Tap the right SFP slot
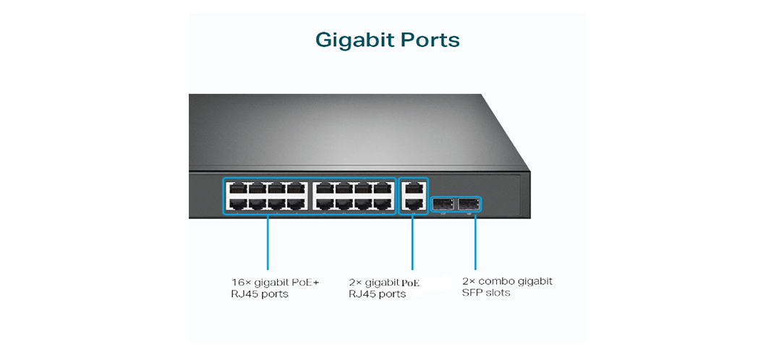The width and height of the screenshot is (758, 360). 469,204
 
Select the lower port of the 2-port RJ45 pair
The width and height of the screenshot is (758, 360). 412,204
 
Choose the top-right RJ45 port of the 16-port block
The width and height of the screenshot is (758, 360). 382,189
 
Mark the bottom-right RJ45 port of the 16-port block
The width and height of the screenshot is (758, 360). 382,204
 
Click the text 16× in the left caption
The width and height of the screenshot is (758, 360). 241,282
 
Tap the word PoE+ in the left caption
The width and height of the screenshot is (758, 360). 305,282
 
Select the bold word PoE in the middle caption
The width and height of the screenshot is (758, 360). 411,283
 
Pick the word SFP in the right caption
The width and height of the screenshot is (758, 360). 472,293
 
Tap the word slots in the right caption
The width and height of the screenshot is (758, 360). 498,293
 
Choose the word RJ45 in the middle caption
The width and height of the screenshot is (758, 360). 361,294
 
